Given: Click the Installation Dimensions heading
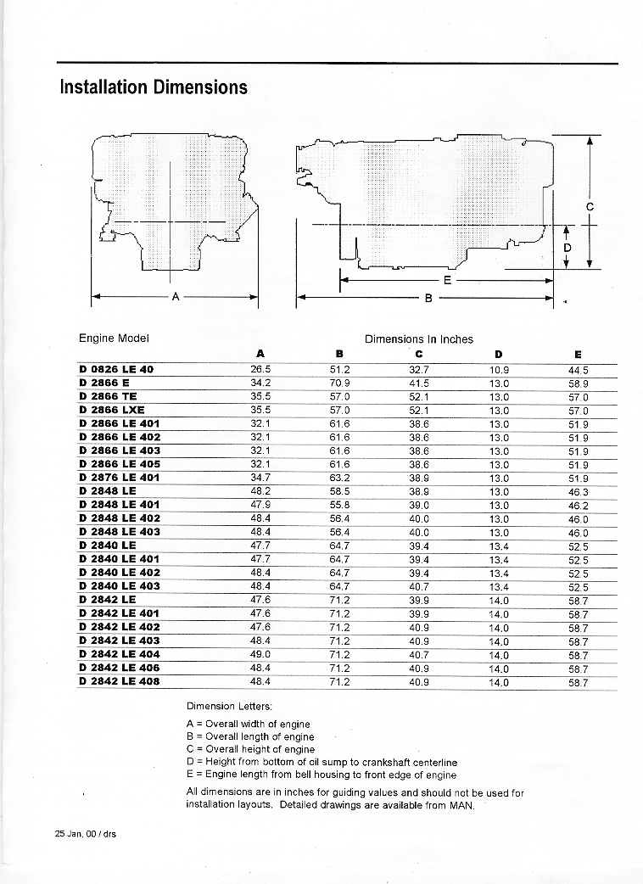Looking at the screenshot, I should point(154,87).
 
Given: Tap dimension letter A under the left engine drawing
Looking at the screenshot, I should point(176,297).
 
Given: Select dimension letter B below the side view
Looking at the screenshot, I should point(428,299).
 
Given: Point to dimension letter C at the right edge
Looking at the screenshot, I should point(589,206).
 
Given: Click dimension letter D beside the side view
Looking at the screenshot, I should point(568,247).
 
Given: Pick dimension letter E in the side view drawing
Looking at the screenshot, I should point(447,279).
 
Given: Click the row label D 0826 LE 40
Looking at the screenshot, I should point(116,369).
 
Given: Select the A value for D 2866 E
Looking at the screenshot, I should point(260,383).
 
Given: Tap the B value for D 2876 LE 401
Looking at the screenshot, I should point(339,478).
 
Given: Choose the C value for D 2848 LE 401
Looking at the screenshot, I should point(419,505).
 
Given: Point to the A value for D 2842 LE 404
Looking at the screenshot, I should point(260,654).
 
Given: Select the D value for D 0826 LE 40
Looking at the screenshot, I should point(499,369).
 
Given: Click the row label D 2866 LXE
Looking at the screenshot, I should point(111,410).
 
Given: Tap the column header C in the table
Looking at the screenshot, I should point(419,354).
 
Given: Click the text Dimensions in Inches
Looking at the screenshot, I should point(419,338).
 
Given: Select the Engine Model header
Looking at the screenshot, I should point(114,338).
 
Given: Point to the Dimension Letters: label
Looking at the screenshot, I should point(223,706).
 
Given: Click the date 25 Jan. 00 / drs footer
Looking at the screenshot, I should point(86,833).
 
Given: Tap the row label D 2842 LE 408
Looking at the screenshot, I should point(119,681).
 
